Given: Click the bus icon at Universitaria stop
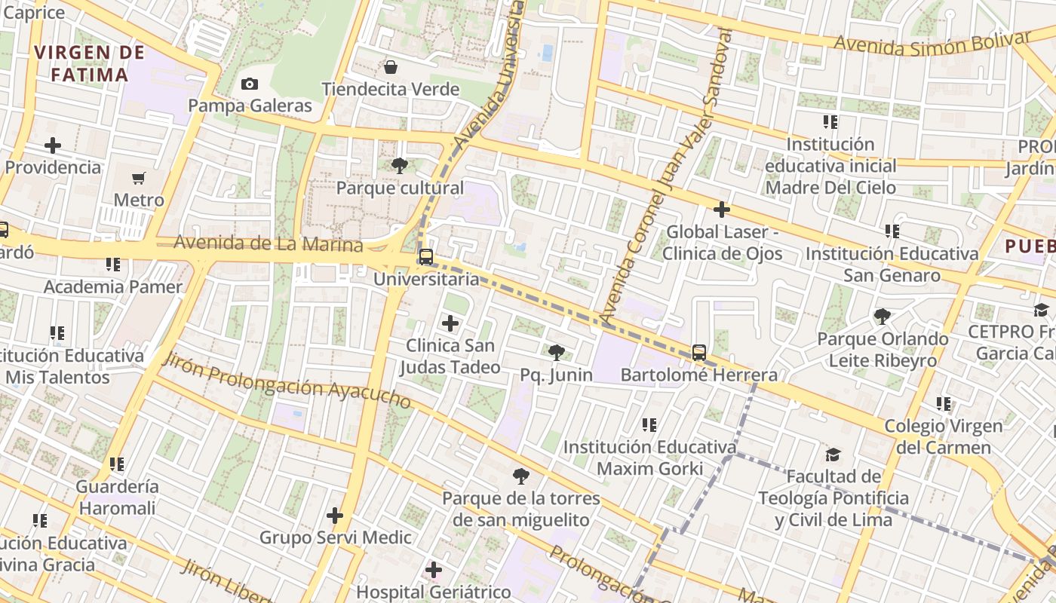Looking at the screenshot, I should [x=426, y=257].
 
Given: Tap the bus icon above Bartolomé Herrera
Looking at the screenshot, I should [x=699, y=352].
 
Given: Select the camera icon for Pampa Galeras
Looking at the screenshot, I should [x=250, y=84].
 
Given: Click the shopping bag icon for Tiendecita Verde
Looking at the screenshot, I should [x=391, y=67].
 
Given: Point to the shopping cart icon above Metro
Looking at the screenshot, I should [x=139, y=179].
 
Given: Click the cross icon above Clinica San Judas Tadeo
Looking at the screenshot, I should [x=450, y=324].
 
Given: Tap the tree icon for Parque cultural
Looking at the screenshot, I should [x=400, y=165].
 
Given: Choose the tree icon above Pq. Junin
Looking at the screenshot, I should [x=556, y=352].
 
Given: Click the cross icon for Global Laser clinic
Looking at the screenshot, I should [x=722, y=210].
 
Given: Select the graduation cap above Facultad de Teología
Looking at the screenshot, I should [x=833, y=455].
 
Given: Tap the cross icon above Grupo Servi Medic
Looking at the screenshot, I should [x=335, y=516].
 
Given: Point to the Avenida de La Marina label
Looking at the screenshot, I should [x=268, y=244].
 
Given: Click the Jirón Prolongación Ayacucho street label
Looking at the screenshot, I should [x=287, y=381].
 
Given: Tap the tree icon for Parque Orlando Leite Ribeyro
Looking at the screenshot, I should [x=882, y=316].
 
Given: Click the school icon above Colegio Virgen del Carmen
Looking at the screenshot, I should [x=943, y=404].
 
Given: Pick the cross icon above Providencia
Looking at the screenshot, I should [x=53, y=145].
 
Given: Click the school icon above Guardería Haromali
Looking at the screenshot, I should [x=117, y=464].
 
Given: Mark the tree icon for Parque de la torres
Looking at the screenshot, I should [x=520, y=476].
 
